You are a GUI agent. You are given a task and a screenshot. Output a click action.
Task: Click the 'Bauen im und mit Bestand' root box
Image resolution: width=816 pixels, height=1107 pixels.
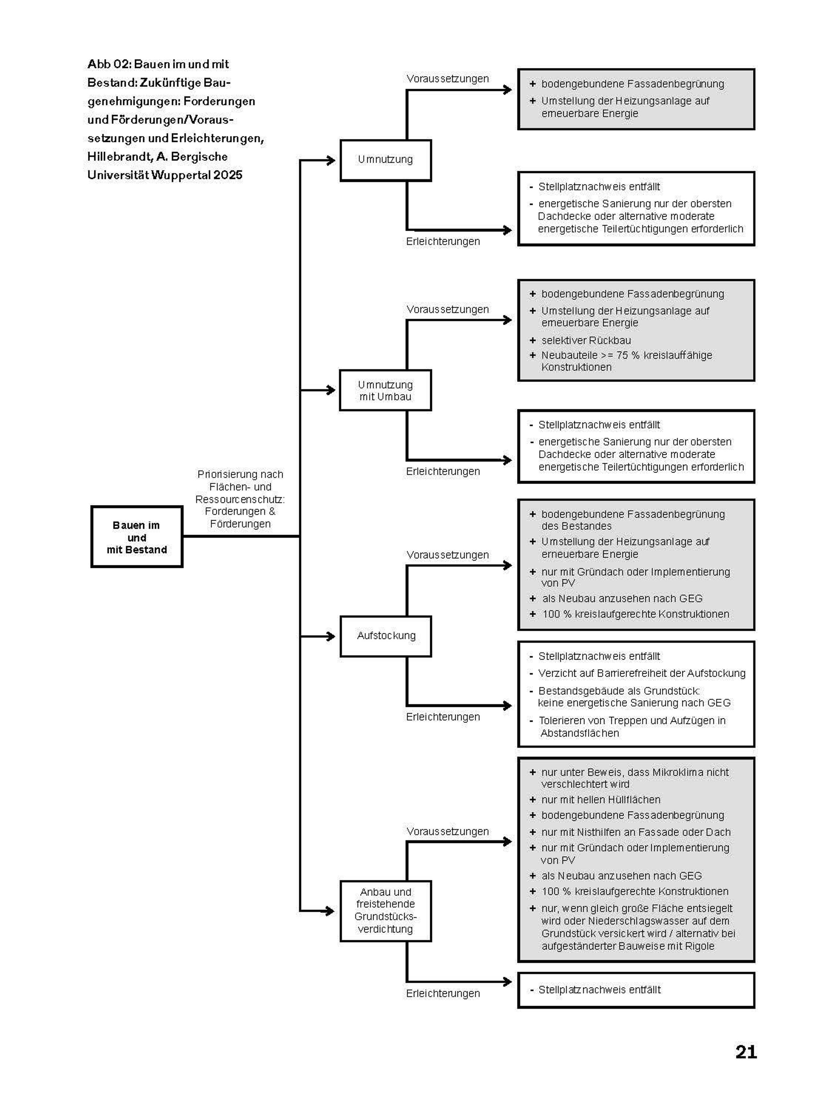click(x=137, y=537)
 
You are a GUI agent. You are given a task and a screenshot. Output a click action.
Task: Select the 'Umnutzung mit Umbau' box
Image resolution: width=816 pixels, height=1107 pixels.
click(x=385, y=390)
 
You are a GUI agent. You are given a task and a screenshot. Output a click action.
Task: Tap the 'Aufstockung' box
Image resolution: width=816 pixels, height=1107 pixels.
click(x=386, y=636)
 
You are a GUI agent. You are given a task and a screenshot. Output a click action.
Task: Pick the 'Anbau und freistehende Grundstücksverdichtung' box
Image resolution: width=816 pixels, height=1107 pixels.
click(x=386, y=911)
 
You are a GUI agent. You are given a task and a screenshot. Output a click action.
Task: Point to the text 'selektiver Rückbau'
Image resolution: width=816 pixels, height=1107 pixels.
click(x=586, y=340)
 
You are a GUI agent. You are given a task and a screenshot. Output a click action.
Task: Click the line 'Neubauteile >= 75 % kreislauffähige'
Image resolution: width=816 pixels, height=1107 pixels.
click(x=626, y=355)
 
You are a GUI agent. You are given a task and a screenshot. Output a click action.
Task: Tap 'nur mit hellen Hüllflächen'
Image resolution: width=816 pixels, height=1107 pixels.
click(x=601, y=799)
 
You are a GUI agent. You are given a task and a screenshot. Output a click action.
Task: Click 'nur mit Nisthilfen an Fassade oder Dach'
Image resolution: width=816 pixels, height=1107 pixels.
click(x=636, y=832)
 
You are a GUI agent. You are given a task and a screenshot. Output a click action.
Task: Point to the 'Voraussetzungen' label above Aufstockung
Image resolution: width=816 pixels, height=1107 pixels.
click(x=447, y=555)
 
